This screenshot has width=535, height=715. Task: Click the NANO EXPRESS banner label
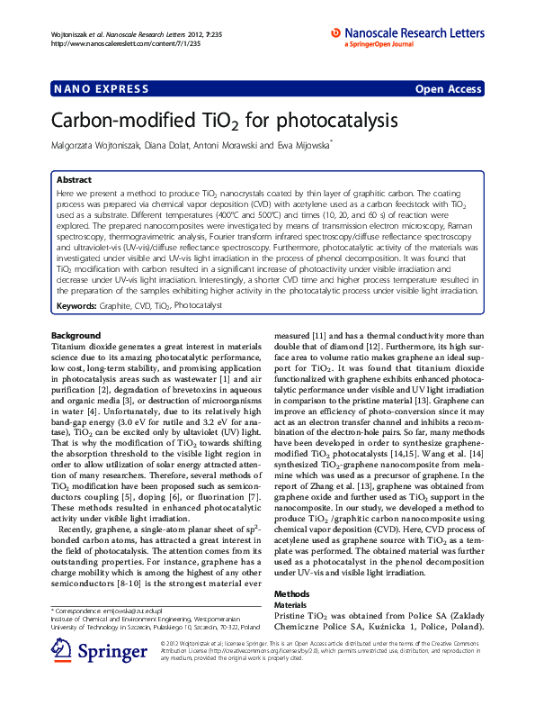[x=89, y=89]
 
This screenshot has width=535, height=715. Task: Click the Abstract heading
[x=74, y=180]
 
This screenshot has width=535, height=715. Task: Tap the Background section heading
[x=76, y=336]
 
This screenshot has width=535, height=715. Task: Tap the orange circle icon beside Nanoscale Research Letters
[x=336, y=32]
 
